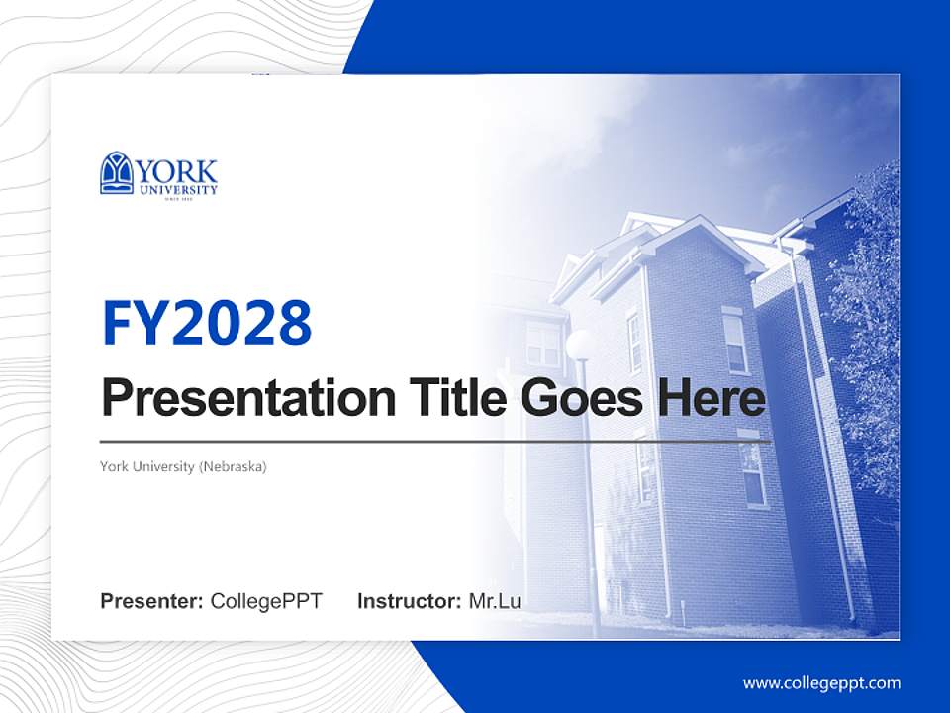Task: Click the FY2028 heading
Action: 207,322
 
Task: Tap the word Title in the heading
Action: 450,399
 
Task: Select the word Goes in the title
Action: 579,399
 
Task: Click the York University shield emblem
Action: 117,172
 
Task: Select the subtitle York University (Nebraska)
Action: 183,466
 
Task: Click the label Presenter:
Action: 152,601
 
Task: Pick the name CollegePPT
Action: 266,601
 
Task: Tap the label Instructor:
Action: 409,601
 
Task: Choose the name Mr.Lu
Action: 495,601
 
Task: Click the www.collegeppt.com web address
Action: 821,682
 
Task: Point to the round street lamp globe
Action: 580,344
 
